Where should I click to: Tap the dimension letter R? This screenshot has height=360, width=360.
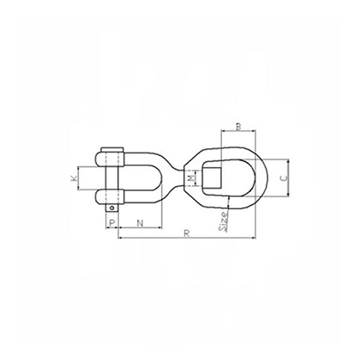click(x=184, y=232)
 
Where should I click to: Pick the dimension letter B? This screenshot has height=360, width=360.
click(x=239, y=129)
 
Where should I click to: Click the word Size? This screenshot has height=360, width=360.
click(x=225, y=223)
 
